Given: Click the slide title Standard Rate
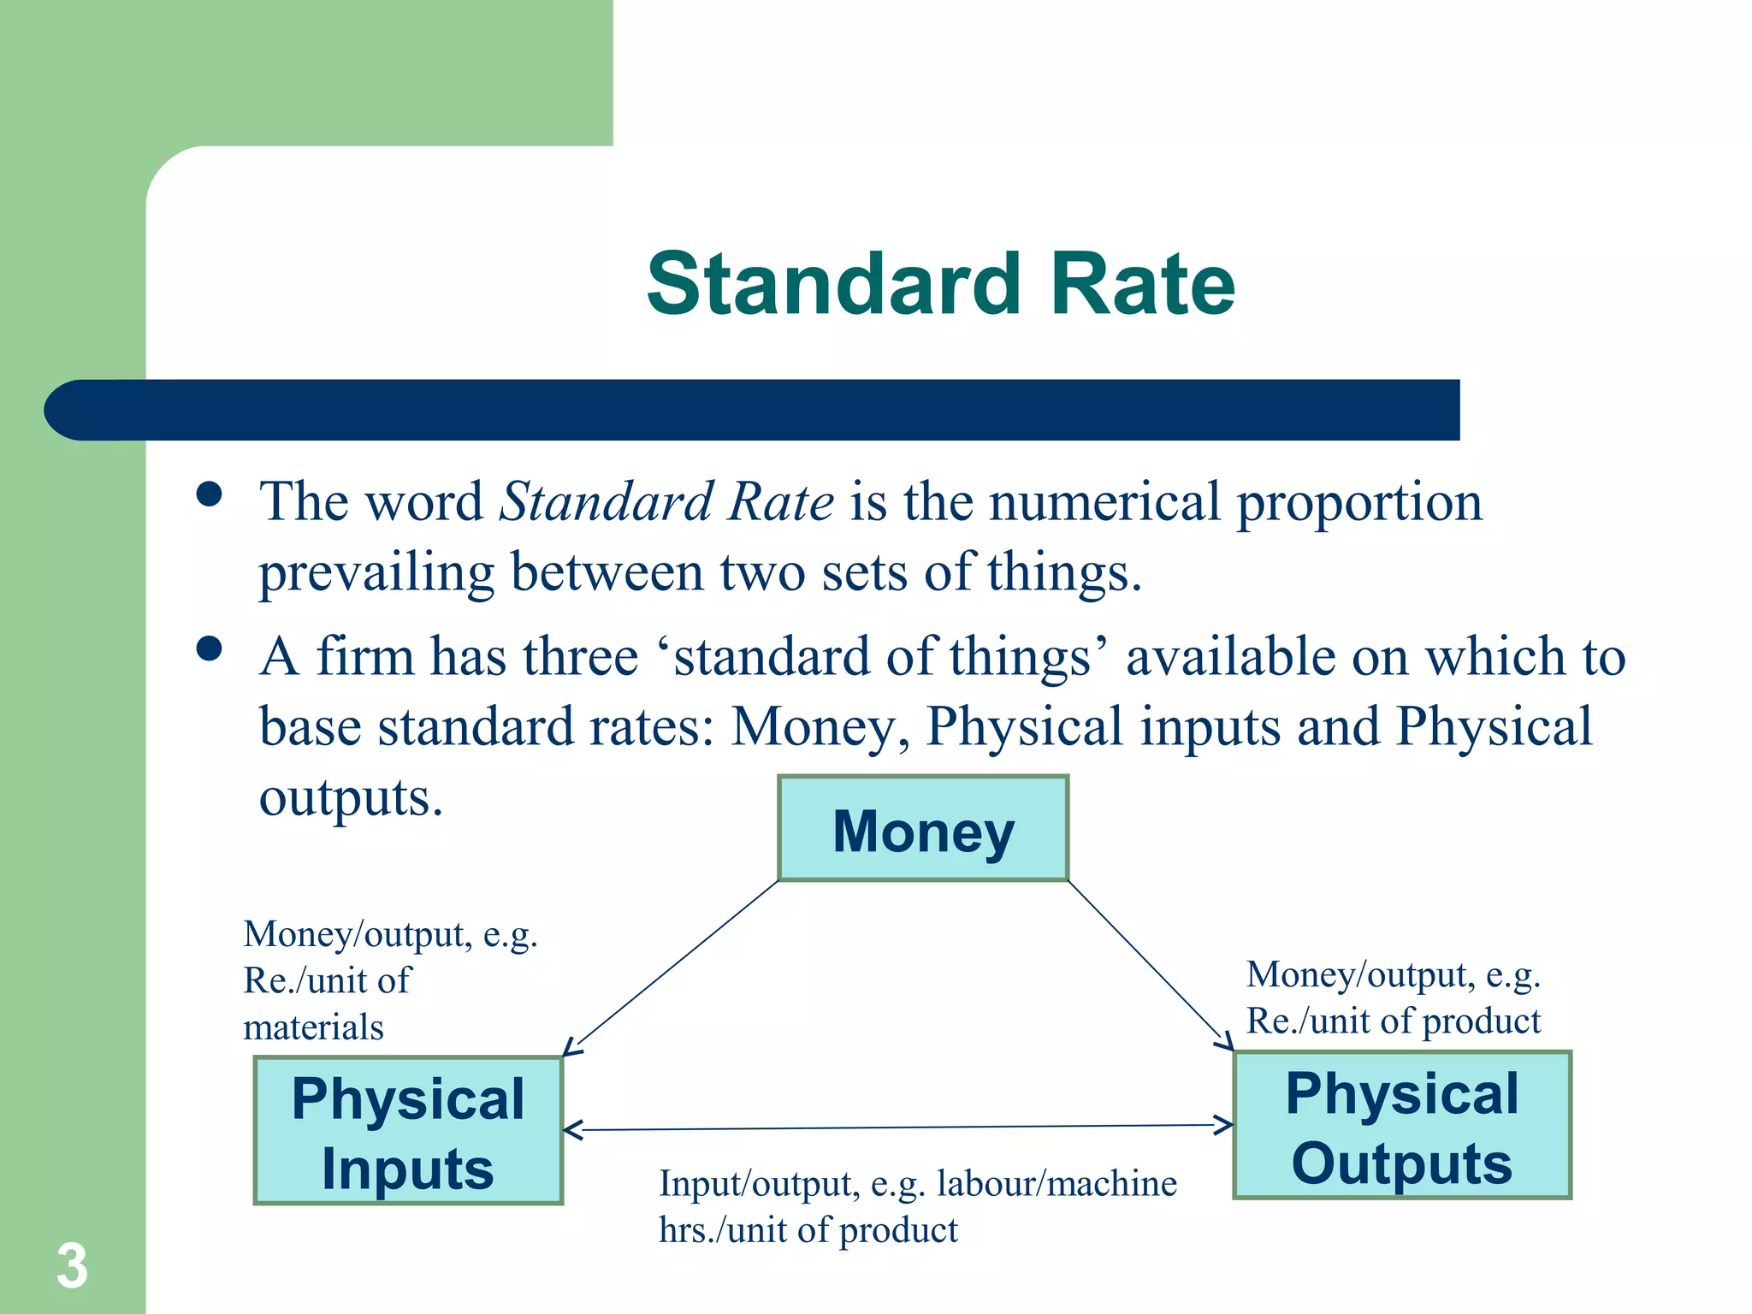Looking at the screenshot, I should point(941,284).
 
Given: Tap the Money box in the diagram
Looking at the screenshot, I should point(923,828).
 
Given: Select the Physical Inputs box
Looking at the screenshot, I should point(408,1131).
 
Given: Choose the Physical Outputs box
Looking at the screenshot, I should point(1402,1126).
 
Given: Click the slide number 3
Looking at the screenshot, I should point(72,1266).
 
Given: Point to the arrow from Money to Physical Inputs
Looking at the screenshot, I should point(672,968).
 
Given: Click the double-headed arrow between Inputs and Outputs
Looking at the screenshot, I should point(898,1128).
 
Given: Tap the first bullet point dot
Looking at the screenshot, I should point(209,494).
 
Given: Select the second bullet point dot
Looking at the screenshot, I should point(209,648).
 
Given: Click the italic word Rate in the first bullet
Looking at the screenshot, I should point(780,502).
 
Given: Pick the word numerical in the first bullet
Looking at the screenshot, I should point(1104,502).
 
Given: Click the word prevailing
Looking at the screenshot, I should point(376,573).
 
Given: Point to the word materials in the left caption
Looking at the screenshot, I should point(313,1027).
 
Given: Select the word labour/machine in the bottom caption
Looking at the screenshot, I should point(1057,1184).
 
